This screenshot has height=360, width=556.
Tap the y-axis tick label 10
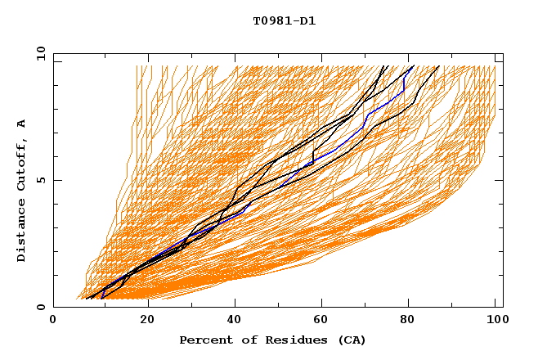point(40,54)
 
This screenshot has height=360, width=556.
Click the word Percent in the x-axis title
point(203,340)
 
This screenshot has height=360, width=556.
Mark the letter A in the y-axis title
point(22,124)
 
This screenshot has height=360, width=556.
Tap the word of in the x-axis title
point(240,340)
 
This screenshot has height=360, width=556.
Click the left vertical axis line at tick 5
point(54,180)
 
